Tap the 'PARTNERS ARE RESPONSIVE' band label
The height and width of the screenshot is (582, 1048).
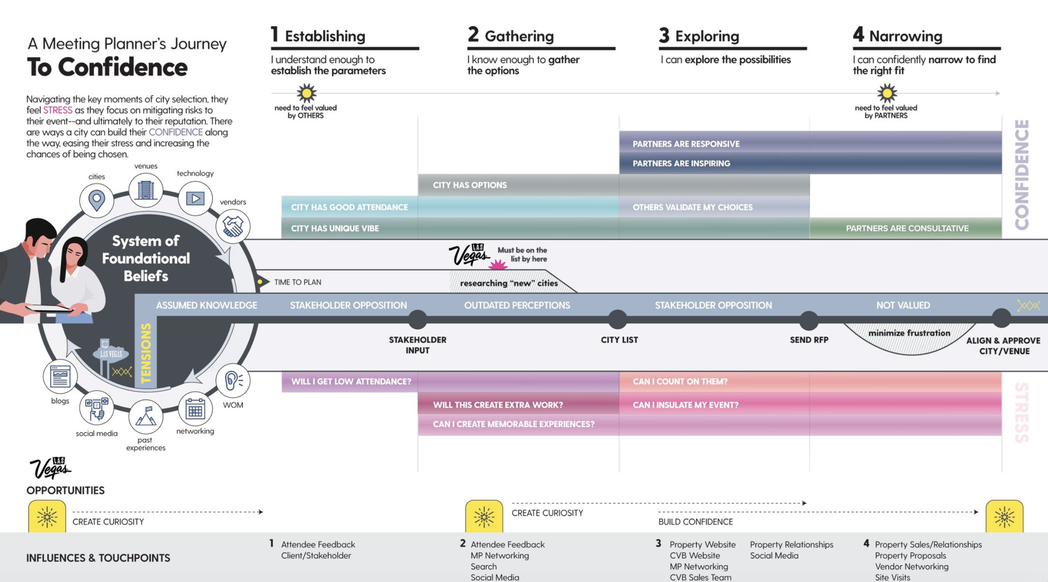point(686,144)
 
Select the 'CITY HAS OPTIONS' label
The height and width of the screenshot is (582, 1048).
point(470,185)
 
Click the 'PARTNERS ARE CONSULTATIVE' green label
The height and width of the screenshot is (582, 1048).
point(907,228)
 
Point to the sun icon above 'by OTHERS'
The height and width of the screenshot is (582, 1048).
point(306,93)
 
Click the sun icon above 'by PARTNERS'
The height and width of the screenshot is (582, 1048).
point(887,93)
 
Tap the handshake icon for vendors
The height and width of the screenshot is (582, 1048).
point(233,226)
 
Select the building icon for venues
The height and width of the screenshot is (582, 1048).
point(145,190)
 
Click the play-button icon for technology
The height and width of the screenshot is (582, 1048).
point(195,198)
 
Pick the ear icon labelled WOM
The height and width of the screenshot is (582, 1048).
point(233,380)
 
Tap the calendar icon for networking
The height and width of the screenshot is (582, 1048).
point(195,409)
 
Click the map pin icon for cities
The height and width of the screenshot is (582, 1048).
point(97,200)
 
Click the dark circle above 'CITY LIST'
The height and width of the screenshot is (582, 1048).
point(617,320)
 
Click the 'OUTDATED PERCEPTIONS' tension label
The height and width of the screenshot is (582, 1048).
point(516,305)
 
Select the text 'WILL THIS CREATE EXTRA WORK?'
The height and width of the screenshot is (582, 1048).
point(498,405)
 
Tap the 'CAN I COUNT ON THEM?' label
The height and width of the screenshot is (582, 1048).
point(680,382)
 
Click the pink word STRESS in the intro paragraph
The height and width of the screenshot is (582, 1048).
point(58,110)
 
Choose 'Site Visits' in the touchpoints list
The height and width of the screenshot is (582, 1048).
point(892,577)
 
